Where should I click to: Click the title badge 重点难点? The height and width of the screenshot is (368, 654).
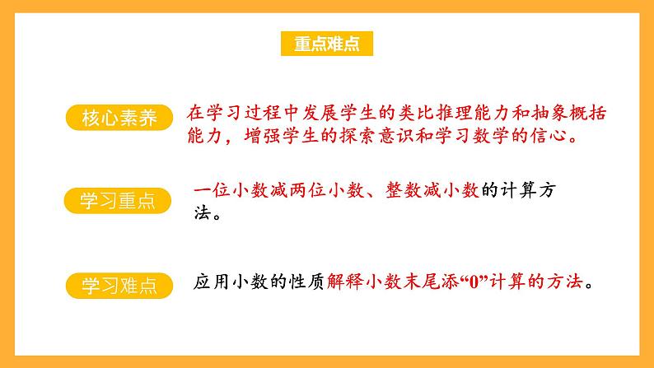(x=327, y=44)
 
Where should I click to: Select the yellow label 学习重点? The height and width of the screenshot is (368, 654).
(x=119, y=201)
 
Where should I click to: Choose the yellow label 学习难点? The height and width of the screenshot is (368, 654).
(x=119, y=286)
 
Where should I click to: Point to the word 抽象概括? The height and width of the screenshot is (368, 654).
(x=577, y=112)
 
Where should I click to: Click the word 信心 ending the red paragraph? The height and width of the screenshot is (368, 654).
(x=555, y=136)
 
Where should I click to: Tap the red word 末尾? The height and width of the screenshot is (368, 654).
(x=423, y=282)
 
